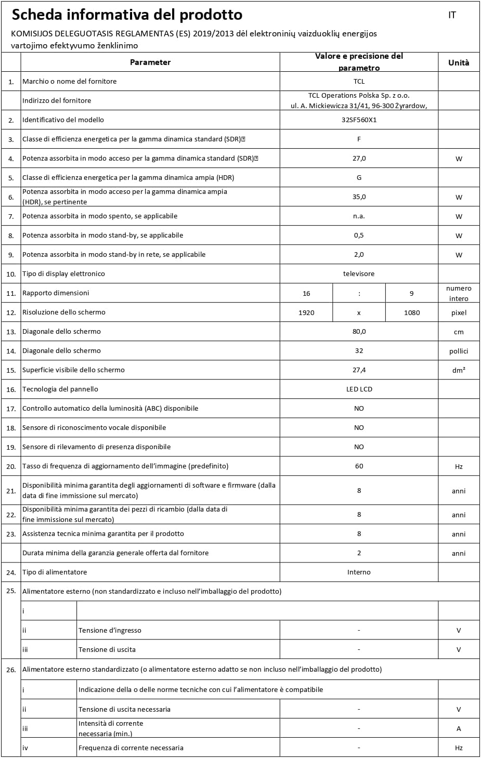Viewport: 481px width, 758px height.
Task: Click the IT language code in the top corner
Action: coord(452,15)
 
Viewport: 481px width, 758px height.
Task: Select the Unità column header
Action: coord(458,62)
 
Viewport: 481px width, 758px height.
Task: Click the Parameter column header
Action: coord(150,62)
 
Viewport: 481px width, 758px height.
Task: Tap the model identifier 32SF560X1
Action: coord(359,120)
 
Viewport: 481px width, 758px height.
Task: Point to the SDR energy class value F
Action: coord(359,139)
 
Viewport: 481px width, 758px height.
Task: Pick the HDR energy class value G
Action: coord(359,178)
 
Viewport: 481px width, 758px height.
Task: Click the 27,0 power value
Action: coord(359,159)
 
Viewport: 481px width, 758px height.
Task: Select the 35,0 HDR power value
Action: coord(359,197)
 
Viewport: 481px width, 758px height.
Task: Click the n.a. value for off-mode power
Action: coord(359,216)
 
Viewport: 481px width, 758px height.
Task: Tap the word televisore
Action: coord(359,274)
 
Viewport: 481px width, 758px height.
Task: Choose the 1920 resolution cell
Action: coord(306,312)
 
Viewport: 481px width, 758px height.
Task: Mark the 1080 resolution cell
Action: coord(412,312)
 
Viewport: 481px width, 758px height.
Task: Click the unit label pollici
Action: coord(459,351)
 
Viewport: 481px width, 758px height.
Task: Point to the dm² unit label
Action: coord(459,370)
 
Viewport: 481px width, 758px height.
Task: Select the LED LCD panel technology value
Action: coord(359,389)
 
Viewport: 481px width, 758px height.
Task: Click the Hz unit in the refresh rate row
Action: coord(459,467)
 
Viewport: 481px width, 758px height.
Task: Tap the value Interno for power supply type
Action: coord(359,572)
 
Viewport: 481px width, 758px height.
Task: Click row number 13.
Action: coord(11,332)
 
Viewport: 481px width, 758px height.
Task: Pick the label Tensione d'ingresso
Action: coord(110,631)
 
